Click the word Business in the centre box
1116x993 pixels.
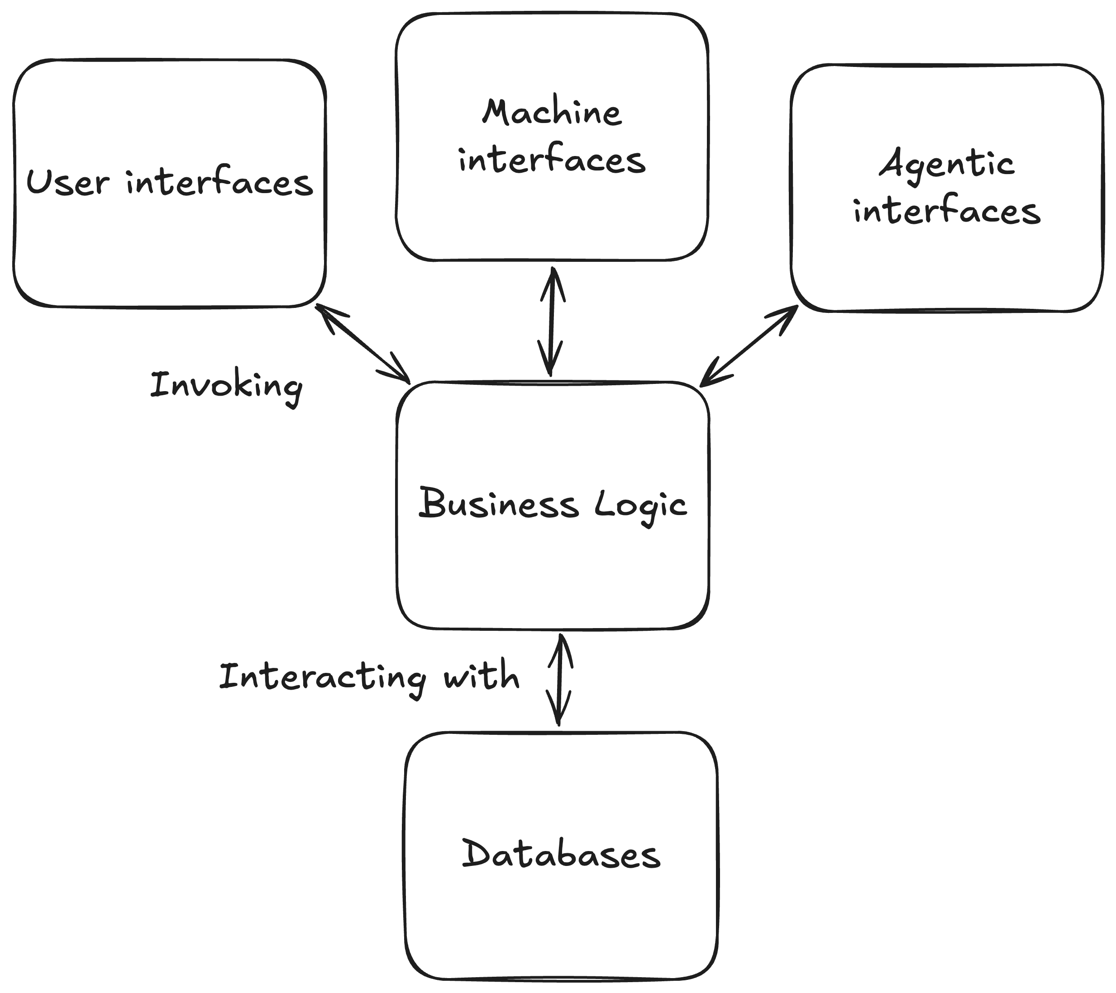coord(498,502)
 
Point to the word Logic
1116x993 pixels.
coord(640,507)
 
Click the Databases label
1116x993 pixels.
coord(561,853)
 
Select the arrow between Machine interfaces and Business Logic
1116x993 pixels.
coord(552,322)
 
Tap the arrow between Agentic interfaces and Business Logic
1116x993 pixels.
coord(749,346)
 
